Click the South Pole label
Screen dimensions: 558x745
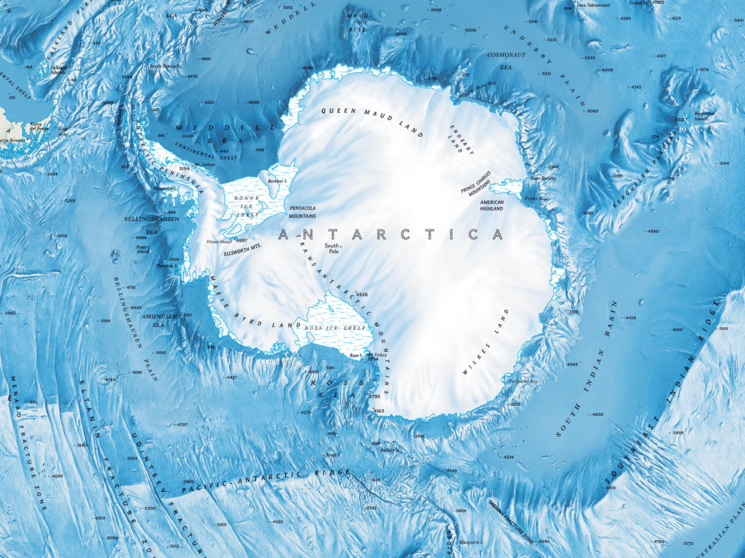[x=332, y=248]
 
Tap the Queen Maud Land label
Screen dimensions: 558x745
[x=373, y=120]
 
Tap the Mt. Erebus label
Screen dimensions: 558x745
[x=375, y=354]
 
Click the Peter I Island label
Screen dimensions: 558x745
[x=142, y=249]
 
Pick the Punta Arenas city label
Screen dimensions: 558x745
[x=14, y=140]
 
